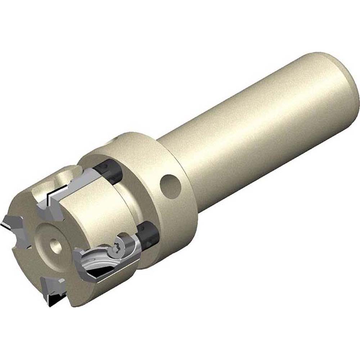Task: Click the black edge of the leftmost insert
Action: tap(7, 226)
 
